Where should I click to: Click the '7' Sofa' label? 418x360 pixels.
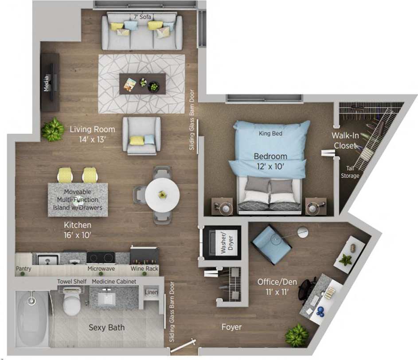pos(142,17)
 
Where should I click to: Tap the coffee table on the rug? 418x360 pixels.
pos(142,83)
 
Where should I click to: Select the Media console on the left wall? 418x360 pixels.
pos(50,82)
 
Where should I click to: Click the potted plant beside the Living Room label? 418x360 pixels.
pos(53,129)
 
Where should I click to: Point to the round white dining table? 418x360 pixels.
pos(162,193)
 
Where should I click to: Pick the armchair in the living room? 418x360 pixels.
pos(141,135)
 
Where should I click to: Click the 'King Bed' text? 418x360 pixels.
pos(270,133)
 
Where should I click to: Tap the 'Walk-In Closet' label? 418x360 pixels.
pos(345,140)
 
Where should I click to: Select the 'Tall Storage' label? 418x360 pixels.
pos(350,172)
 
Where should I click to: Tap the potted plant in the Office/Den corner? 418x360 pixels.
pos(297,336)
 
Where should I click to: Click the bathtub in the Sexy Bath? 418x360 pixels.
pos(31,317)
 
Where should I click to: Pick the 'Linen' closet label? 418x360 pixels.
pos(151,292)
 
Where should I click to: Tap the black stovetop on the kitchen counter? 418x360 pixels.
pos(101,257)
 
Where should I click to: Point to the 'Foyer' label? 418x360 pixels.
pos(231,327)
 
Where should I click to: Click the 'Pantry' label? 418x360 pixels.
pos(23,268)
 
